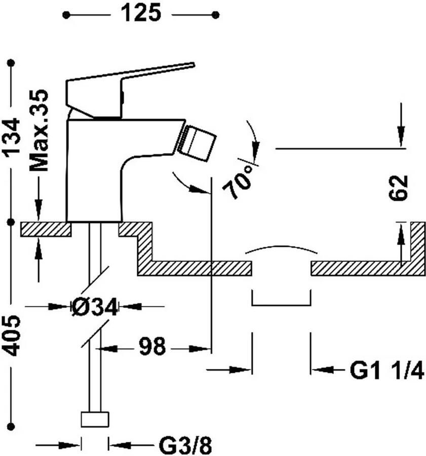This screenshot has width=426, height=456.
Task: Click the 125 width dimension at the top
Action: [x=141, y=13]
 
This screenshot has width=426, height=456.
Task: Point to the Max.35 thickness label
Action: [x=38, y=130]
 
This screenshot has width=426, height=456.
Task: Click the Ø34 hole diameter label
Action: [x=95, y=307]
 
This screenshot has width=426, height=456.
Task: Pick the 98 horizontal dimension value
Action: [x=152, y=347]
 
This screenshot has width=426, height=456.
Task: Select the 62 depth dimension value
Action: [x=398, y=187]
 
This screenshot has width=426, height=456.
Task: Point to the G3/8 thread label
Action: [x=185, y=445]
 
